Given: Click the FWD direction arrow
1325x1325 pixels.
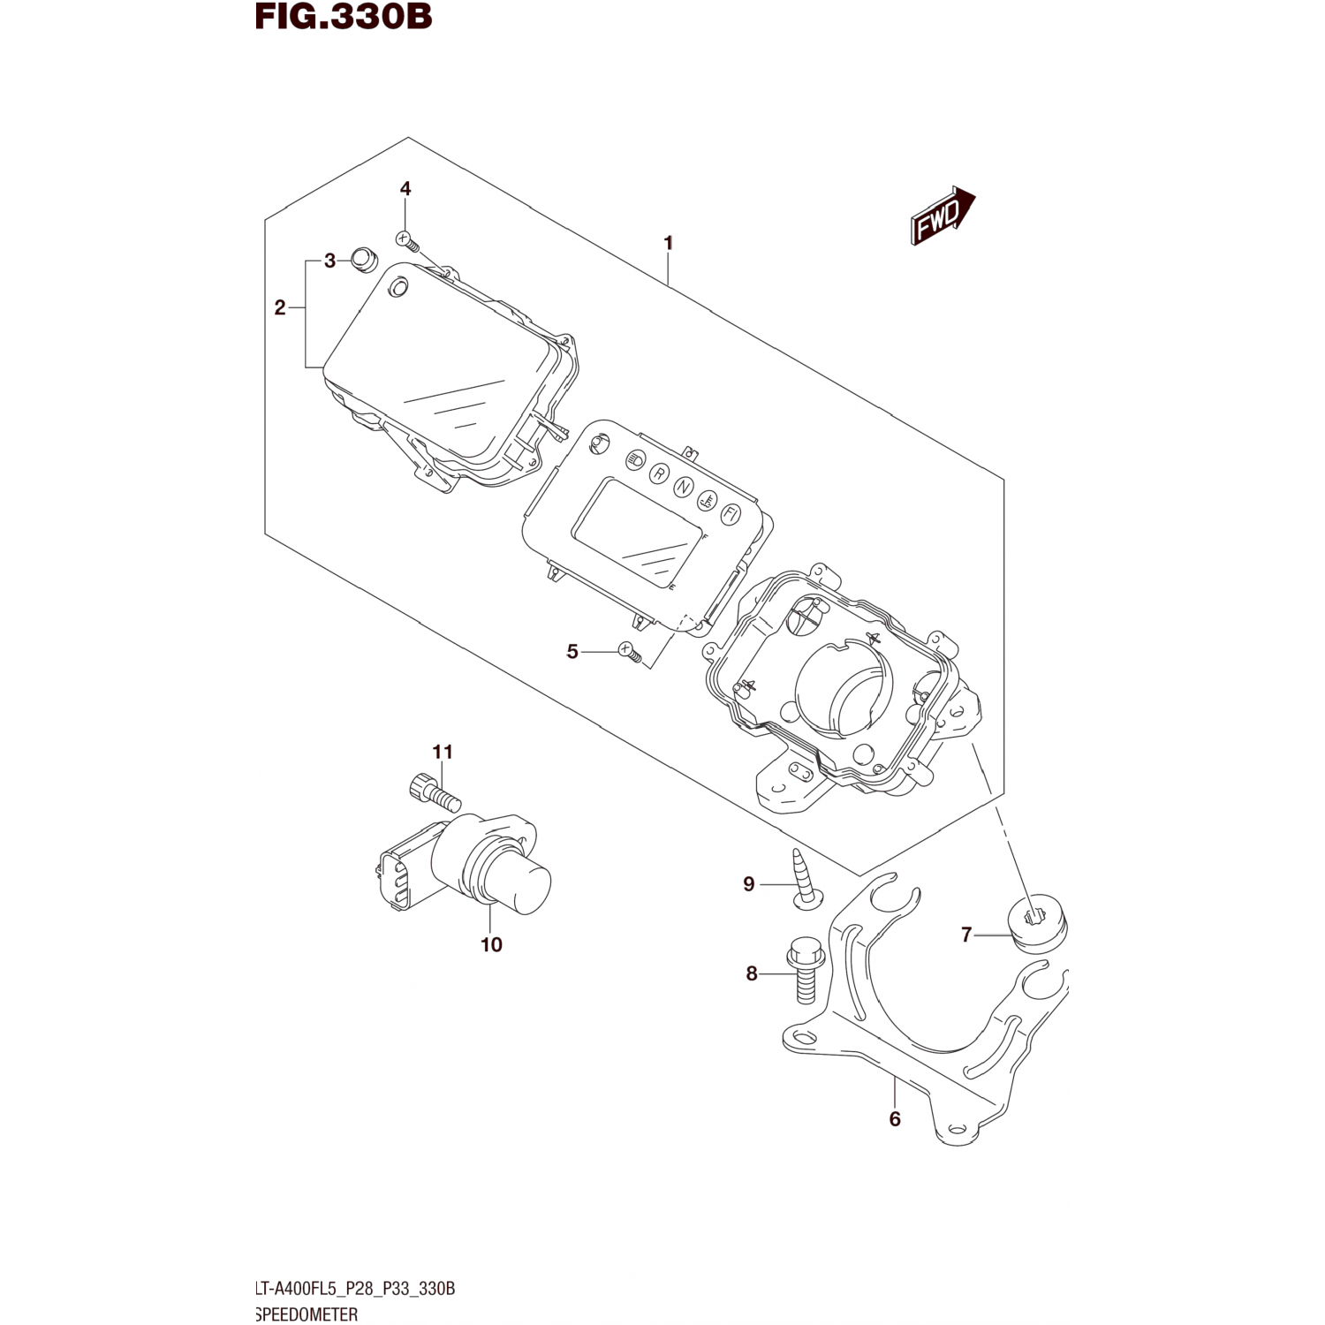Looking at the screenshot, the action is click(942, 216).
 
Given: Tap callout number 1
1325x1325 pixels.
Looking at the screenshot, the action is click(669, 242).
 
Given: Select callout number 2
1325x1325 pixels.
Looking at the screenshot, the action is click(280, 308).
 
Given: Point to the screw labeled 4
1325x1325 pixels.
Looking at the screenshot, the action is click(405, 238).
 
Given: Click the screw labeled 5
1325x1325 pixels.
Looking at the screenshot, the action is click(629, 652).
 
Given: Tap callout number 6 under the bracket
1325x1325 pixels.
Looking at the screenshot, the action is click(895, 1119).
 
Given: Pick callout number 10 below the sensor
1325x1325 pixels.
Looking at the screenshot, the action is click(491, 944).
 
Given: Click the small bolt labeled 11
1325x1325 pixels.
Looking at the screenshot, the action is click(435, 789).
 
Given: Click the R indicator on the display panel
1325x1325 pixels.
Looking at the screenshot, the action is click(659, 473).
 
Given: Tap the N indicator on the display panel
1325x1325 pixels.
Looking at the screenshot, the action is click(683, 487).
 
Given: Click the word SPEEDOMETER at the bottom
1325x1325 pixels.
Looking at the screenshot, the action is click(307, 1314).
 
